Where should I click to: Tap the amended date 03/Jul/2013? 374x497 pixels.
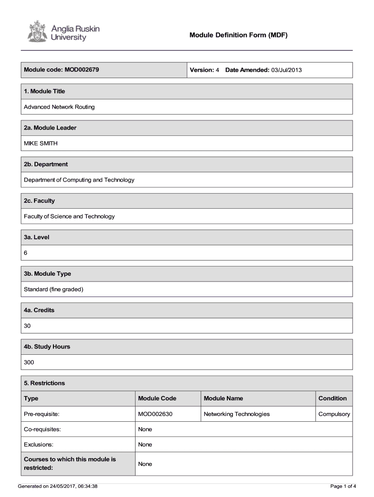pyautogui.click(x=287, y=70)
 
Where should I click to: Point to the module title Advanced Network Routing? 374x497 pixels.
pyautogui.click(x=59, y=107)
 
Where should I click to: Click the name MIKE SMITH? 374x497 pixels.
pyautogui.click(x=41, y=143)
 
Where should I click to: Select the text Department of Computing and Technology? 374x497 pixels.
pyautogui.click(x=79, y=180)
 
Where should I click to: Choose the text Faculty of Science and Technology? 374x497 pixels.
pyautogui.click(x=69, y=216)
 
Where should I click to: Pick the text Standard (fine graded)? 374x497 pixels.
pyautogui.click(x=54, y=289)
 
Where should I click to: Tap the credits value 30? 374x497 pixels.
pyautogui.click(x=28, y=326)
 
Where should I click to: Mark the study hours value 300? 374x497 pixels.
pyautogui.click(x=29, y=362)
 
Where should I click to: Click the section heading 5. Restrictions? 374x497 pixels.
pyautogui.click(x=45, y=383)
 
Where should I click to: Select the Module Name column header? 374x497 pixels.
pyautogui.click(x=223, y=398)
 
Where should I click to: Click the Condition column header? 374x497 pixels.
pyautogui.click(x=333, y=398)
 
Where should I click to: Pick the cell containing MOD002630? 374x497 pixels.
pyautogui.click(x=155, y=414)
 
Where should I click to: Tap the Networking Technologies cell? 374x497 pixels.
pyautogui.click(x=237, y=414)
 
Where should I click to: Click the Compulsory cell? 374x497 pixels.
pyautogui.click(x=334, y=414)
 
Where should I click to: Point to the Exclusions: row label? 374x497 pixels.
pyautogui.click(x=39, y=445)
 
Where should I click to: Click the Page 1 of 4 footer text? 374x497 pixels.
pyautogui.click(x=343, y=486)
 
